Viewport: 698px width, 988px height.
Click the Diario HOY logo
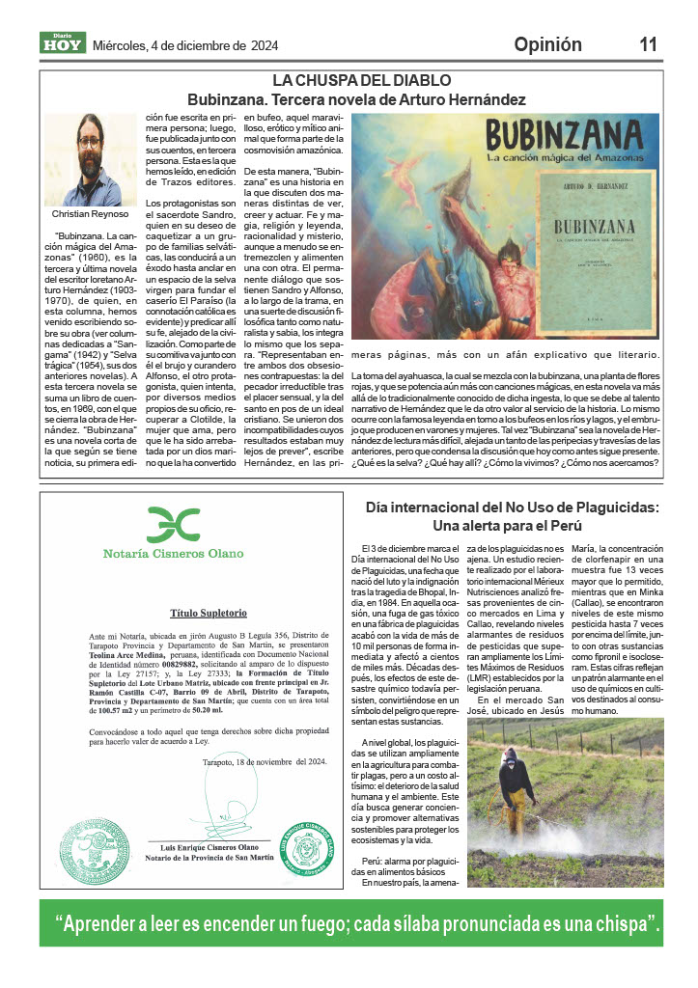(63, 43)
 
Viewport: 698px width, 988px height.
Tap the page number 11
(648, 44)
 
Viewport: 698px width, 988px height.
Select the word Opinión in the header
(547, 44)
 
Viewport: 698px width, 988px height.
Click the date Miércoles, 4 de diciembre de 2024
(184, 45)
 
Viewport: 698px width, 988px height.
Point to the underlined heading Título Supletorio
(209, 613)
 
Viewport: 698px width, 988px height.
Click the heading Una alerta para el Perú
(512, 527)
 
